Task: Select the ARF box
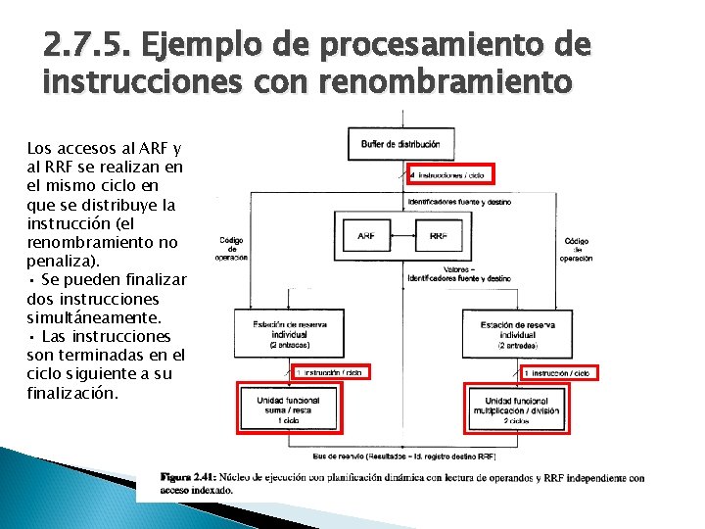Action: coord(365,236)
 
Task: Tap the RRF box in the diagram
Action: coord(438,236)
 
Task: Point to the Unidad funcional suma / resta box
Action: coord(285,408)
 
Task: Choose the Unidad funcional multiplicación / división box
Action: coord(516,408)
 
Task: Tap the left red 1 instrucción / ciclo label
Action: coord(332,373)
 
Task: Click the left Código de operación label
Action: coord(232,248)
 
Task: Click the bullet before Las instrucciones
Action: coord(31,337)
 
